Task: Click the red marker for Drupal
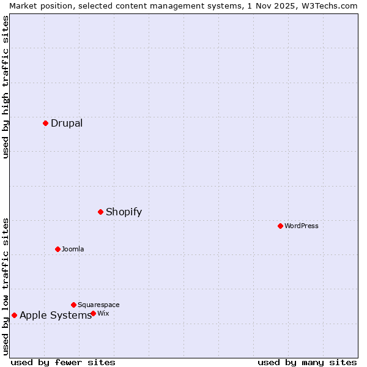[x=45, y=123]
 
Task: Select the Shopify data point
[x=100, y=212]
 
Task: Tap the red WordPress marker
[x=280, y=226]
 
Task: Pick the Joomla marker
[x=57, y=249]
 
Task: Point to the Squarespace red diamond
[x=73, y=305]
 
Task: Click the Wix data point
[x=93, y=313]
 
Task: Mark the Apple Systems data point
[x=14, y=315]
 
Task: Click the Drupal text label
[x=67, y=123]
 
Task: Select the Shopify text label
[x=124, y=212]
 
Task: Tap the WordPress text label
[x=302, y=226]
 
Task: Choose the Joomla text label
[x=73, y=249]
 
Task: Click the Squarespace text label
[x=98, y=305]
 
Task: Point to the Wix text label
[x=103, y=313]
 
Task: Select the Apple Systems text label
[x=56, y=315]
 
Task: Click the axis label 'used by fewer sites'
[x=63, y=362]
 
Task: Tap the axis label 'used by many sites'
[x=307, y=362]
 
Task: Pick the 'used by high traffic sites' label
[x=6, y=87]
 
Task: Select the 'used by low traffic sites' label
[x=6, y=286]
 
